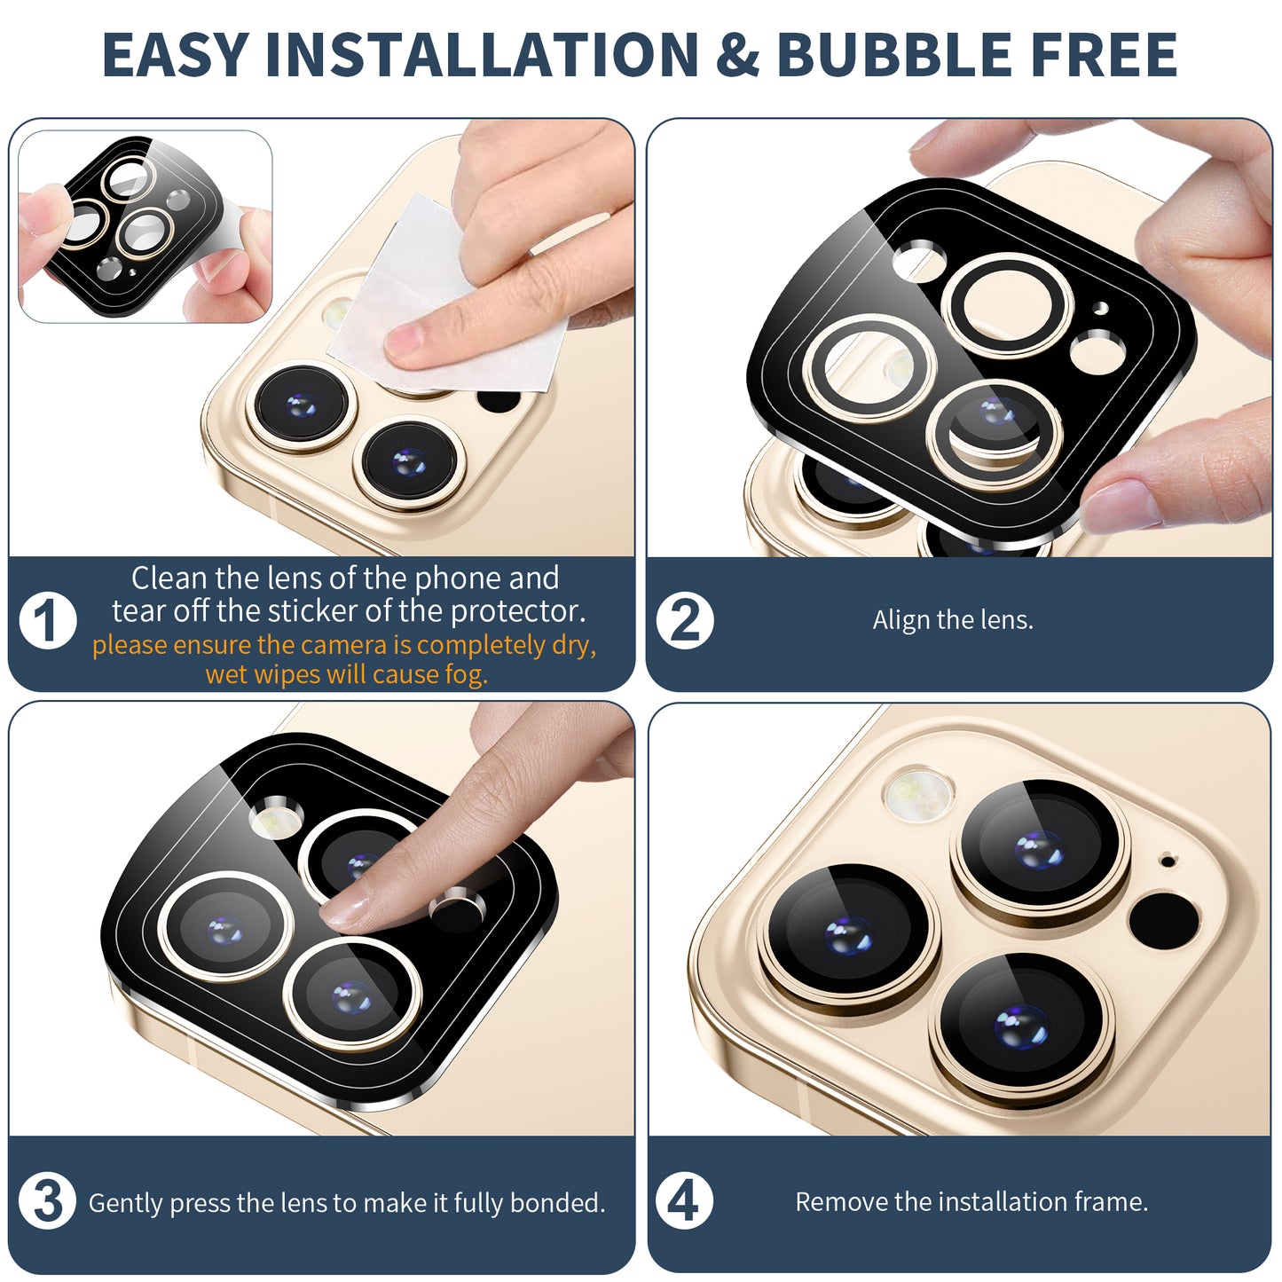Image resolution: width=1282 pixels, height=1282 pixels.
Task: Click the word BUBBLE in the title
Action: [x=894, y=54]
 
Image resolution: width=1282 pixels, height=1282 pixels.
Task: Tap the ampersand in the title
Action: [x=737, y=54]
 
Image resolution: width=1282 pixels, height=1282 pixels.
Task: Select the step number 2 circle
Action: [x=685, y=620]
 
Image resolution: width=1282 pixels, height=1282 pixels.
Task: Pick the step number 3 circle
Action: [x=47, y=1201]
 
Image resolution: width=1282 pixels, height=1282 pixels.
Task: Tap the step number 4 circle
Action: [x=684, y=1201]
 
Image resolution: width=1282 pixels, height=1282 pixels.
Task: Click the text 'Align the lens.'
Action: [x=953, y=620]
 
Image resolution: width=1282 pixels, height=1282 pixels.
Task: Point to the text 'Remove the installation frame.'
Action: [x=971, y=1201]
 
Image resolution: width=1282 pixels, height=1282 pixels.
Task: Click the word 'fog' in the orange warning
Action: [x=466, y=675]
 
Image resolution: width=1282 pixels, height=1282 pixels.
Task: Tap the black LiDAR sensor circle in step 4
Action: [x=1164, y=920]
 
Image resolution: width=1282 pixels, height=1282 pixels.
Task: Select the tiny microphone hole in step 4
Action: [x=1168, y=861]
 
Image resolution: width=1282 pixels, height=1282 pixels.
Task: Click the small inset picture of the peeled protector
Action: [x=145, y=226]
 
